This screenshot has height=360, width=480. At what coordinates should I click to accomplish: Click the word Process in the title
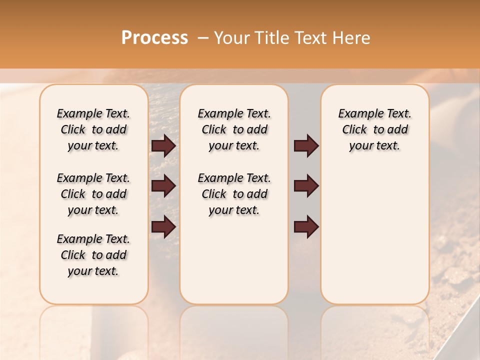pyautogui.click(x=154, y=38)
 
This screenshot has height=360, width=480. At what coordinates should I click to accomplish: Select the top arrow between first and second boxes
pyautogui.click(x=163, y=145)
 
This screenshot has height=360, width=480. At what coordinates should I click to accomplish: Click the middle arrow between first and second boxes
pyautogui.click(x=163, y=186)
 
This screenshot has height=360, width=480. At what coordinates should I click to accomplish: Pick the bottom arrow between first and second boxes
pyautogui.click(x=163, y=226)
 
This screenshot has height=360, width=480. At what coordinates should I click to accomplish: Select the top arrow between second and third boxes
pyautogui.click(x=306, y=145)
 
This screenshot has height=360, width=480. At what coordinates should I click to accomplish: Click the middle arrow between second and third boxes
pyautogui.click(x=306, y=186)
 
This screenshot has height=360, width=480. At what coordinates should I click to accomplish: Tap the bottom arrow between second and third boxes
pyautogui.click(x=306, y=226)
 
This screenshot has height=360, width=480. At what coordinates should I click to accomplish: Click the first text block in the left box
pyautogui.click(x=93, y=129)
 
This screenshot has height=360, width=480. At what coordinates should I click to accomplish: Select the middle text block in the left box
pyautogui.click(x=93, y=194)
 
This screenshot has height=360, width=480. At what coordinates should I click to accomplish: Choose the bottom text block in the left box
pyautogui.click(x=93, y=255)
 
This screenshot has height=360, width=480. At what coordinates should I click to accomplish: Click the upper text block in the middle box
pyautogui.click(x=234, y=129)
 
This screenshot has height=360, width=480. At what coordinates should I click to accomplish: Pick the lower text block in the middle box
pyautogui.click(x=234, y=194)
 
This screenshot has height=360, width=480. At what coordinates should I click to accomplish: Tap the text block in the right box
pyautogui.click(x=374, y=129)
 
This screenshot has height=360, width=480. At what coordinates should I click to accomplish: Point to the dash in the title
pyautogui.click(x=203, y=38)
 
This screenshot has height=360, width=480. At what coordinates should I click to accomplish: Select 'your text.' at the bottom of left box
pyautogui.click(x=93, y=271)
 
